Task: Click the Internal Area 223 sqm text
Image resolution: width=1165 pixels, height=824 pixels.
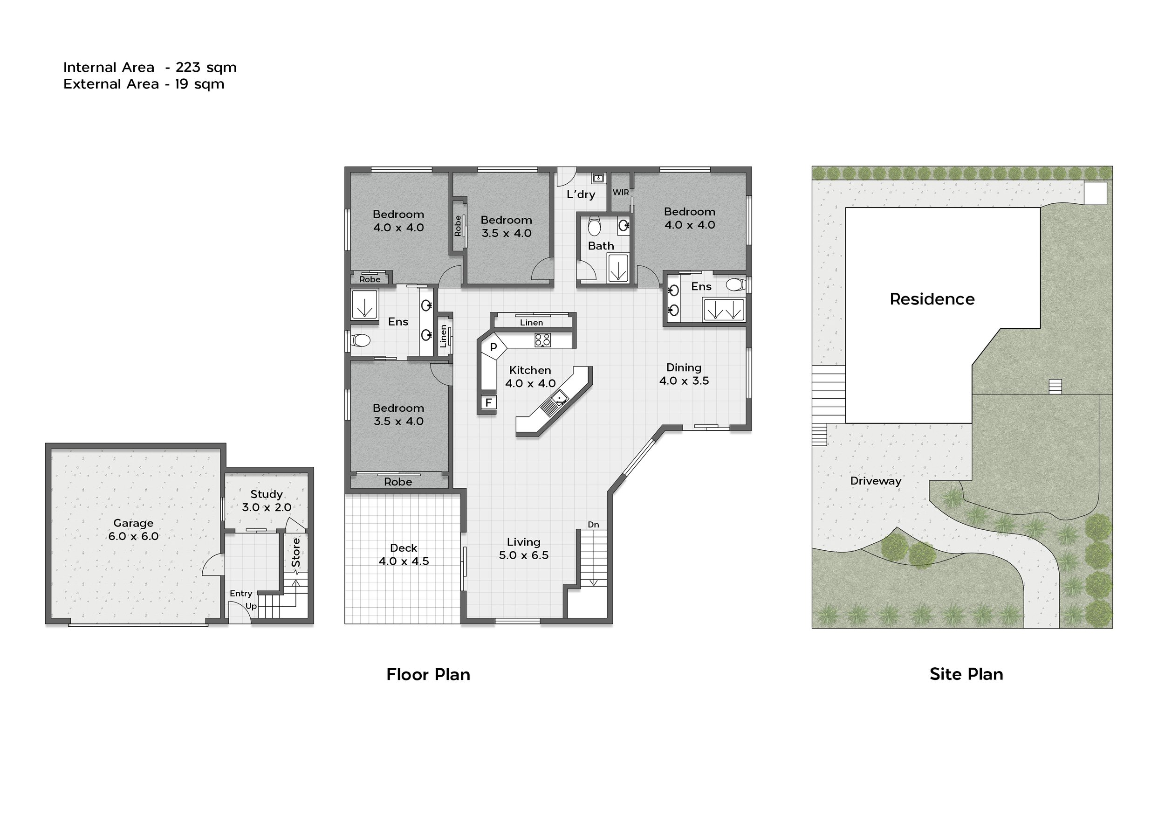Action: click(x=150, y=67)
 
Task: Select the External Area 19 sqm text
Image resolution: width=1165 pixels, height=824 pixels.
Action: click(x=144, y=84)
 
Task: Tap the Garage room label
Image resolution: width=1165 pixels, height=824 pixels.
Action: click(x=133, y=523)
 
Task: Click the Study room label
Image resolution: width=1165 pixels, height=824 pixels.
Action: click(x=267, y=494)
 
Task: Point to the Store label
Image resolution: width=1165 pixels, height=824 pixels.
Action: click(x=296, y=553)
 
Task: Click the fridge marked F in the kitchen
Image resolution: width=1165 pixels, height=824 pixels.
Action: click(x=489, y=402)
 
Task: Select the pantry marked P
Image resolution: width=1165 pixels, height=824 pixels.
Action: click(x=493, y=348)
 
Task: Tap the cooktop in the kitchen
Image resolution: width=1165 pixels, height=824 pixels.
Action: click(x=542, y=339)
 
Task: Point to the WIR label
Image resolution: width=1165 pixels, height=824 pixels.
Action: click(x=621, y=193)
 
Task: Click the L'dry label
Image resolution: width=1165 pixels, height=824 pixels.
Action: click(x=581, y=194)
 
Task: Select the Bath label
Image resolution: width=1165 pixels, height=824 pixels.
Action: click(x=601, y=246)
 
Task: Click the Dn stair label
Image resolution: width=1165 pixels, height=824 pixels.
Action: click(x=593, y=525)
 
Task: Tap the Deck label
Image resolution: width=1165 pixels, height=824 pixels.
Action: click(x=404, y=548)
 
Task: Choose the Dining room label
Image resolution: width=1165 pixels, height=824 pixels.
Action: click(x=684, y=367)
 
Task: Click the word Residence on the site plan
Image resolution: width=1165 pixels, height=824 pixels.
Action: click(x=932, y=299)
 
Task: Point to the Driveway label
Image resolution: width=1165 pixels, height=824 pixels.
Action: click(x=876, y=481)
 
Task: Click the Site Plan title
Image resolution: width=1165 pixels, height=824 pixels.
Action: click(x=966, y=674)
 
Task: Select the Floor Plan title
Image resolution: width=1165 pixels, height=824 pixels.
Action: click(x=428, y=674)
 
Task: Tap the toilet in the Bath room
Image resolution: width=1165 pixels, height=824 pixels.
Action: click(x=594, y=227)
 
